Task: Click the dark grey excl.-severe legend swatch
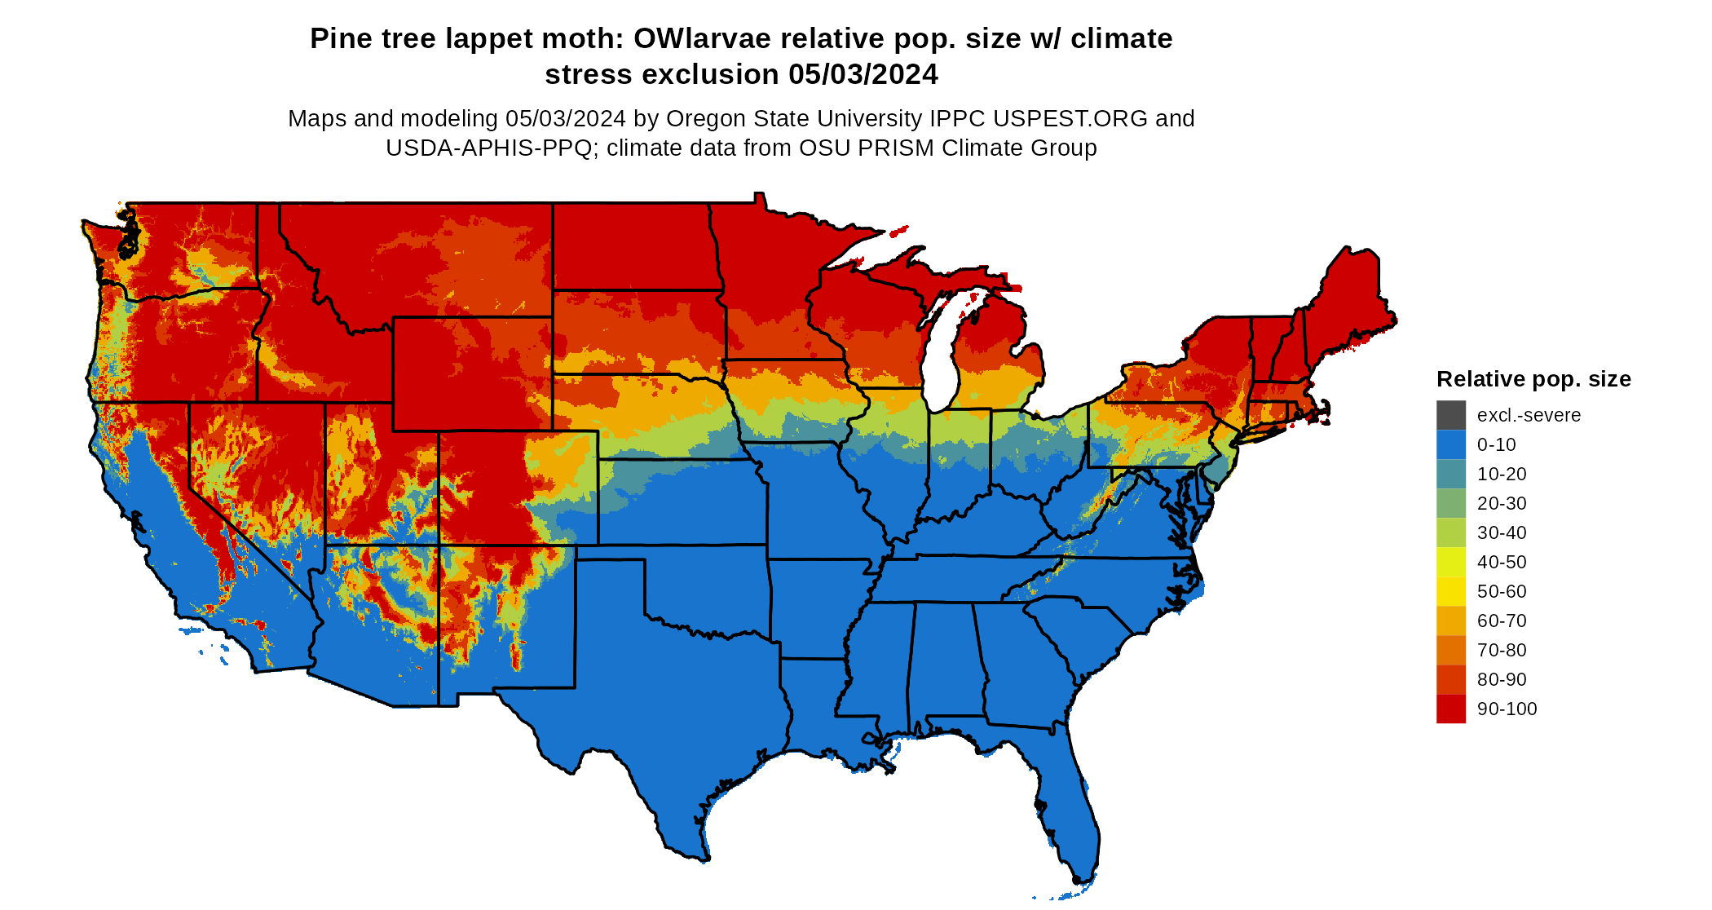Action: (1450, 415)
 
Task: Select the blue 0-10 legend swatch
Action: (1450, 444)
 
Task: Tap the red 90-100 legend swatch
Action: (1450, 709)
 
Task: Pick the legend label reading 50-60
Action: (1502, 591)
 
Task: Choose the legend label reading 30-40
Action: (1502, 532)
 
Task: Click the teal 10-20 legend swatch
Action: (1450, 474)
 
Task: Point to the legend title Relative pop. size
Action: (1533, 379)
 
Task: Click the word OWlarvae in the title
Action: (702, 39)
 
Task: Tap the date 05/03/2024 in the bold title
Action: (863, 75)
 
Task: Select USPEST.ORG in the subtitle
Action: (1070, 119)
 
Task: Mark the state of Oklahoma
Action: (701, 587)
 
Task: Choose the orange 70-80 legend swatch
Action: (1450, 650)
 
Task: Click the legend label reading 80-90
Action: (1502, 679)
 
